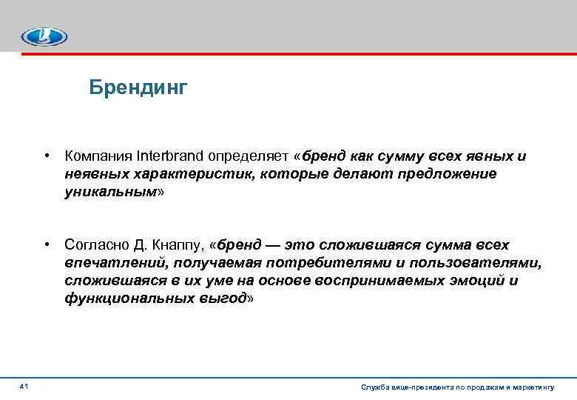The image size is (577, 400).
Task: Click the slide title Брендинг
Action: (138, 88)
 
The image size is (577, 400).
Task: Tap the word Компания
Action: (98, 156)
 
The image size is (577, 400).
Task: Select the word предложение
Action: (449, 173)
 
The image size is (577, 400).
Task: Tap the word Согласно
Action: (95, 245)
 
